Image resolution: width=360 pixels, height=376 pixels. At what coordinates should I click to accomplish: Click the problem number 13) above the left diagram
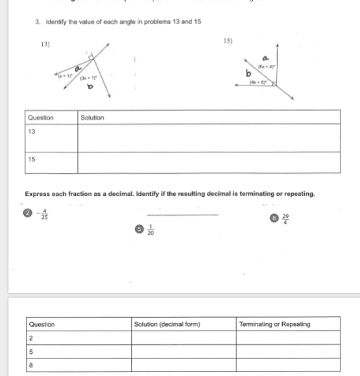pos(45,44)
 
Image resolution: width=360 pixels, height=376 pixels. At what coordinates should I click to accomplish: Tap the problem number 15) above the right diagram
pos(228,40)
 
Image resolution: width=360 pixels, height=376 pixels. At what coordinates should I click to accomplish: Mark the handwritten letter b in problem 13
pos(90,87)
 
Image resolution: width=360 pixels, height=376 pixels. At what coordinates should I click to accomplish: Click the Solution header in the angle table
pos(92,117)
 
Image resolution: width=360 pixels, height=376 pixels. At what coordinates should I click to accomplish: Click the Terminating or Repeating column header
pos(274,324)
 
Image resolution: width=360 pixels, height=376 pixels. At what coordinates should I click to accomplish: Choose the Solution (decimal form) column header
pos(167,324)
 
